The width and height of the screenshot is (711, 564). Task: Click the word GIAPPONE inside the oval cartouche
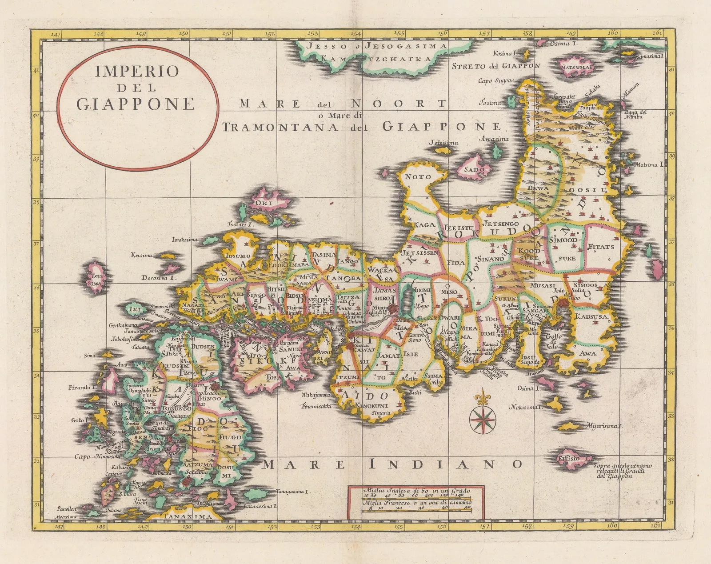(x=136, y=104)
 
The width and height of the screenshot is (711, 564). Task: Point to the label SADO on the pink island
(x=474, y=169)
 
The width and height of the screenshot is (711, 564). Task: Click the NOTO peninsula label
(x=418, y=176)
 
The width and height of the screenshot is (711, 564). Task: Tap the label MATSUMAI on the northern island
(x=577, y=67)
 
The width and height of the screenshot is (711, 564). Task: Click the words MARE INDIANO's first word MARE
(x=303, y=465)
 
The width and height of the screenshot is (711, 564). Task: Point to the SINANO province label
(x=490, y=259)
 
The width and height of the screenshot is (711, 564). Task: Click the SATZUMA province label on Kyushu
(x=192, y=464)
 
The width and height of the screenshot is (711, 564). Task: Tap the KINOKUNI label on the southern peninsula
(x=371, y=405)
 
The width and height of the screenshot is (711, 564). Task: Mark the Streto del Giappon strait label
(x=496, y=66)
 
